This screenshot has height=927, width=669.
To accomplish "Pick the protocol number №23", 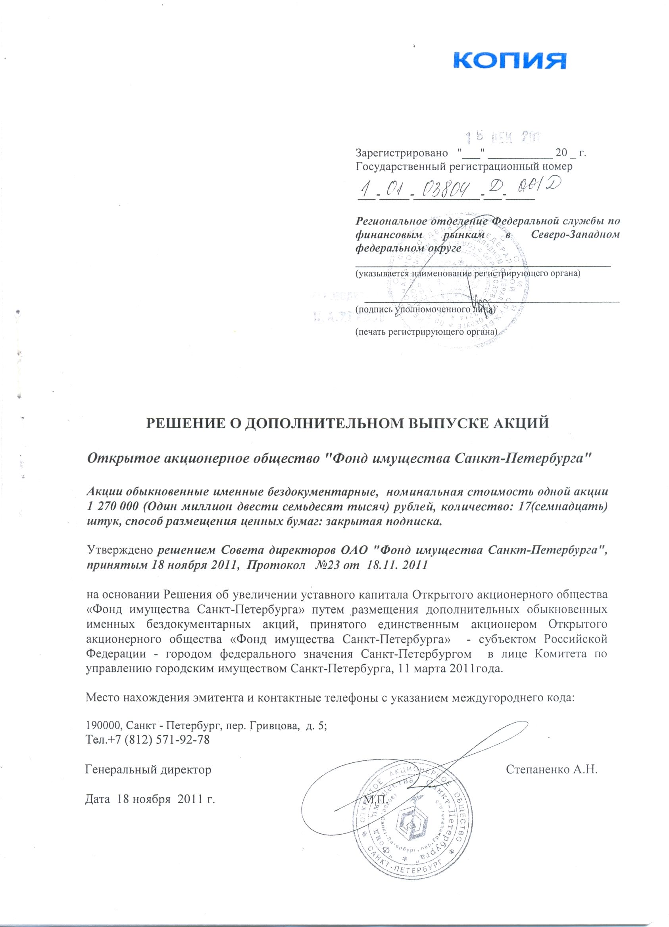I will pyautogui.click(x=333, y=565).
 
